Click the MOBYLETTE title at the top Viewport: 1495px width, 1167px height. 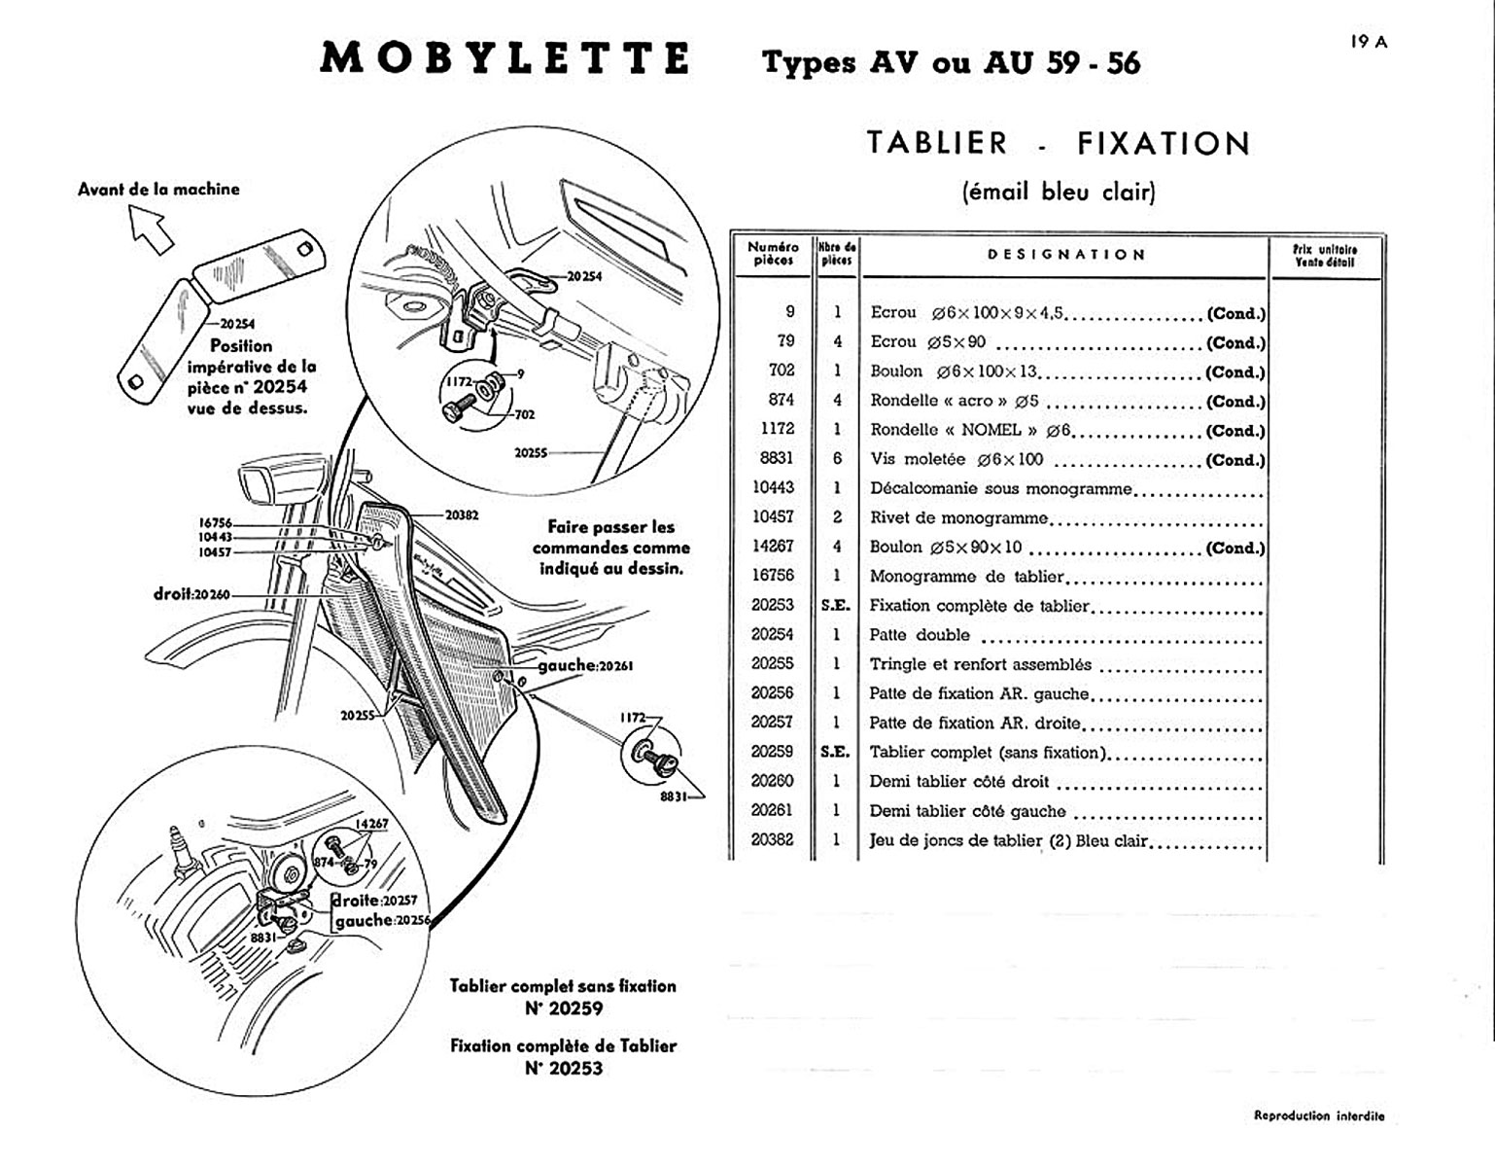click(505, 58)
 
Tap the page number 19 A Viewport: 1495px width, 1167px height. click(1369, 42)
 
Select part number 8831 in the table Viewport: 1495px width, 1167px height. click(774, 458)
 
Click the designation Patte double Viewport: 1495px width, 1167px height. click(919, 635)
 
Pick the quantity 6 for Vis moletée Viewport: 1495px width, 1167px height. click(837, 459)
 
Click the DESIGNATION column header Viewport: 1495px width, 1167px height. click(1066, 255)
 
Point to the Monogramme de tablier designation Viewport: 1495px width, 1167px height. click(966, 577)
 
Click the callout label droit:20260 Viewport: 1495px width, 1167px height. click(191, 593)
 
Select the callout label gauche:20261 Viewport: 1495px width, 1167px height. click(585, 666)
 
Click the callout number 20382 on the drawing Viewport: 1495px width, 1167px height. click(462, 514)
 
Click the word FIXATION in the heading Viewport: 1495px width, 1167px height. click(1163, 144)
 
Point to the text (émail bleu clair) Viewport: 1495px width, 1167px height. click(1058, 192)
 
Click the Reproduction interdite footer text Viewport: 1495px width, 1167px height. click(1319, 1116)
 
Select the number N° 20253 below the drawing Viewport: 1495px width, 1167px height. click(563, 1068)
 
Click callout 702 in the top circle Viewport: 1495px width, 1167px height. click(524, 414)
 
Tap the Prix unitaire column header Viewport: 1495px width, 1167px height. click(1324, 255)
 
